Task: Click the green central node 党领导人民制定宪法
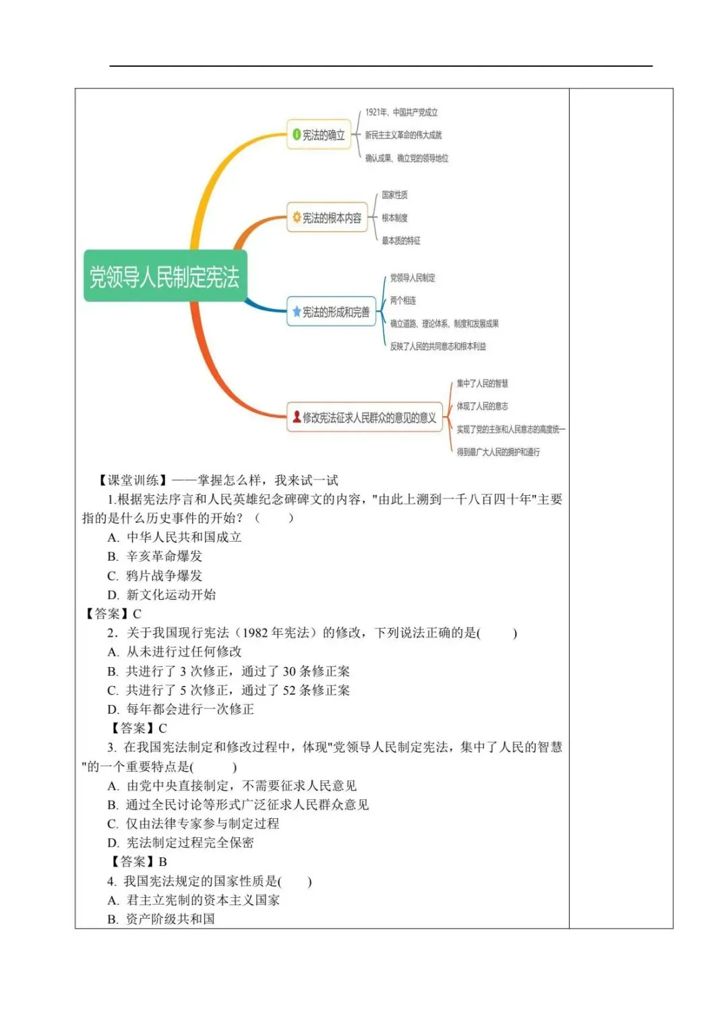(x=165, y=277)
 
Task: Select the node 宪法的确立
(x=320, y=135)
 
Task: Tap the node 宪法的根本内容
(x=327, y=218)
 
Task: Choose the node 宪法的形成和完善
(x=331, y=312)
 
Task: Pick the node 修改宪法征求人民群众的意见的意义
(x=365, y=418)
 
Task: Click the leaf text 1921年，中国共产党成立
(x=401, y=112)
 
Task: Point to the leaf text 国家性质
(x=394, y=195)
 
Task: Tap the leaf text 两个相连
(x=402, y=301)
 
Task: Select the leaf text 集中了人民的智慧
(x=482, y=383)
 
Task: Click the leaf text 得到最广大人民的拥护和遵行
(x=497, y=452)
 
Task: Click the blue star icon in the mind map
(x=297, y=312)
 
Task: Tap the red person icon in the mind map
(x=297, y=418)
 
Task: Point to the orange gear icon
(x=297, y=218)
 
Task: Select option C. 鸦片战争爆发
(x=155, y=575)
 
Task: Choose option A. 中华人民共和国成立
(x=175, y=537)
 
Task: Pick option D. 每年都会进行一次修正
(x=181, y=709)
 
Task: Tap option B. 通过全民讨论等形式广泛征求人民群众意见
(x=238, y=804)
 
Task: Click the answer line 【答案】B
(x=138, y=861)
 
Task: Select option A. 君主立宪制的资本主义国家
(x=193, y=900)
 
